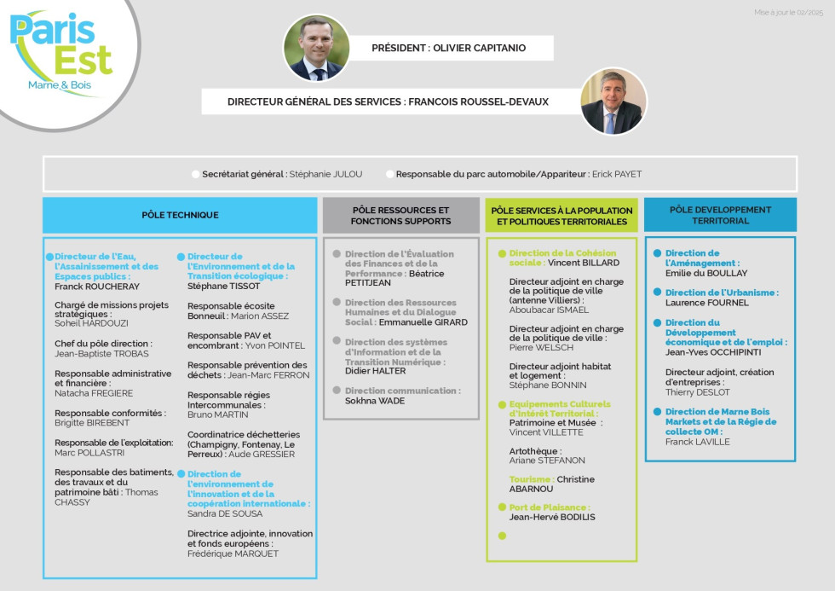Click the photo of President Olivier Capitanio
[316, 48]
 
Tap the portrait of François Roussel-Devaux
[613, 101]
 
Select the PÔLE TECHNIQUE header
[180, 215]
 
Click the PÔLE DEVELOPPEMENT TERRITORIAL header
[720, 215]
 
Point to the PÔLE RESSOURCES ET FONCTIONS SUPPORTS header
[400, 215]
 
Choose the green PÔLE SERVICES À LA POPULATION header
[561, 215]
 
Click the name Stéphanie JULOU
[325, 174]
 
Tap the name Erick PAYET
[616, 174]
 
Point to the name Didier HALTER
[374, 371]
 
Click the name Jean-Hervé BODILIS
[552, 517]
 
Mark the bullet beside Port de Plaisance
[502, 507]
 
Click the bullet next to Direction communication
[337, 391]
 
